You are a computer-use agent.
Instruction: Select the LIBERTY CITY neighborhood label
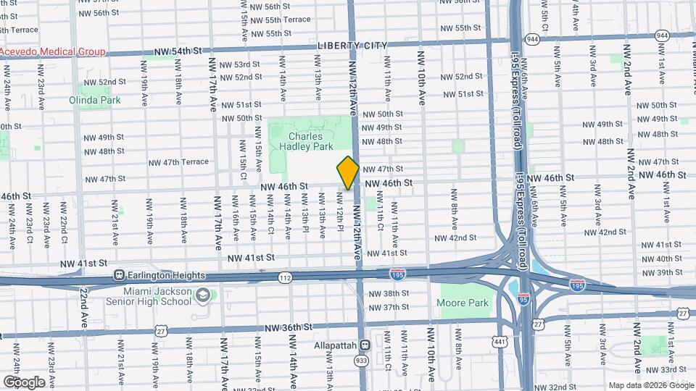point(352,46)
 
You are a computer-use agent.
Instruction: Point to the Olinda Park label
point(95,100)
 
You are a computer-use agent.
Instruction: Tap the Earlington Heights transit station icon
point(120,275)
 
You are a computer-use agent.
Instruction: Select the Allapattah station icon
point(365,345)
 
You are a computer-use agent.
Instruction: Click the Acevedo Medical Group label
point(52,52)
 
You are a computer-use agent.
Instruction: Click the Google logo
point(23,382)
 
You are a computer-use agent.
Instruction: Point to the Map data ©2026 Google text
point(650,384)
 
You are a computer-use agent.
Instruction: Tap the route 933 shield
point(360,361)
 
